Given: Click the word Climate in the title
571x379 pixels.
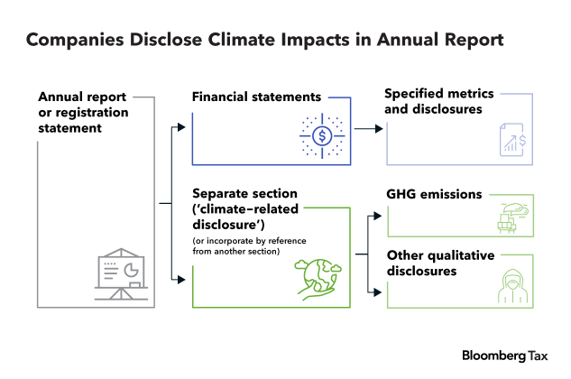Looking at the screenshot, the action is [x=242, y=40].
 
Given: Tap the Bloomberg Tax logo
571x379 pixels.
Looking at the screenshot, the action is [x=505, y=356].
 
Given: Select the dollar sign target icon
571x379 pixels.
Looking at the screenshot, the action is [x=322, y=136].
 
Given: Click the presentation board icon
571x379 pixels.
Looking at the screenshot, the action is [x=121, y=274].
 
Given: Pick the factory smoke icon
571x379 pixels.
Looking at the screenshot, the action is [x=513, y=218].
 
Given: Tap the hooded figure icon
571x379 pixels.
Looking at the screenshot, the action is [x=513, y=286].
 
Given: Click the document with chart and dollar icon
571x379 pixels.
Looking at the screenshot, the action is [x=513, y=140].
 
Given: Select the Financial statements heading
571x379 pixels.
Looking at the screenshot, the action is [x=256, y=97].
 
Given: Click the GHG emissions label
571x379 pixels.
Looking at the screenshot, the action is [x=434, y=194].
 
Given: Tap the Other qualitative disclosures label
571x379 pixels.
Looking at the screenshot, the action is [x=440, y=263].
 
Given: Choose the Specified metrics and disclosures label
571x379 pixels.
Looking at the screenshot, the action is [x=438, y=101].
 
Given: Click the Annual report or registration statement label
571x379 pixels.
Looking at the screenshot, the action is [x=83, y=113].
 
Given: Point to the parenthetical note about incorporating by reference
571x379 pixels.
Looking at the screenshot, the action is [x=249, y=246].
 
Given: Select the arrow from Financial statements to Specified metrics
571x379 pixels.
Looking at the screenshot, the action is [x=369, y=129].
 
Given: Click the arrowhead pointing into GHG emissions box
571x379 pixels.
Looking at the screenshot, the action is [x=378, y=216].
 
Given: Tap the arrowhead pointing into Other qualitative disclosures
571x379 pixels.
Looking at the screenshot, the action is [x=378, y=292].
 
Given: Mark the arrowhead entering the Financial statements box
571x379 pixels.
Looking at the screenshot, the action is [x=181, y=127].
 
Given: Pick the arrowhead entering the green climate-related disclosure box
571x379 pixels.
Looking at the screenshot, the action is [x=181, y=280].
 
